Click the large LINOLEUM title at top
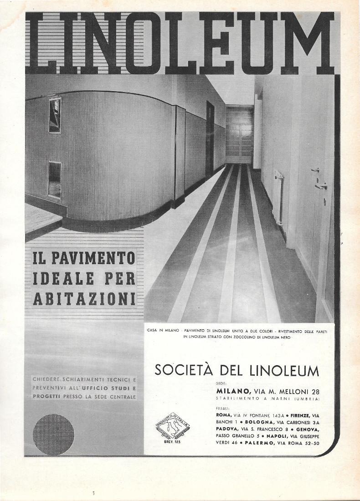point(180,43)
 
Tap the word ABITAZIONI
point(84,298)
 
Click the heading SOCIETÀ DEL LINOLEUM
point(237,370)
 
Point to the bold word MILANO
point(233,391)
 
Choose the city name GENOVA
point(308,429)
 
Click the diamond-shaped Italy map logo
point(171,427)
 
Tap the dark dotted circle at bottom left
point(54,435)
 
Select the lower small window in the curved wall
point(55,180)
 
